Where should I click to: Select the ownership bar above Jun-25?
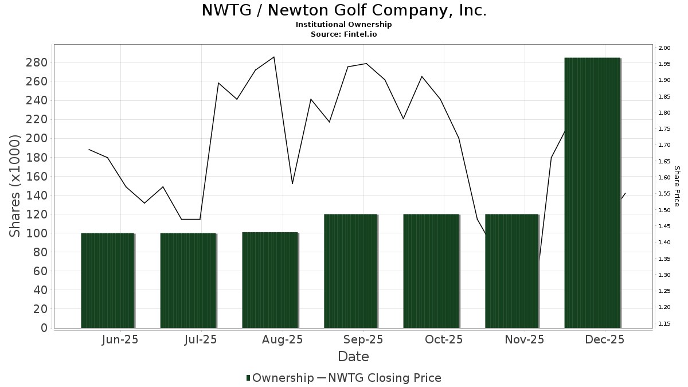107,280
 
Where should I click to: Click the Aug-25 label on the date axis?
282,339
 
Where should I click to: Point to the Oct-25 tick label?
444,339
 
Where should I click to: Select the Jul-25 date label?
201,339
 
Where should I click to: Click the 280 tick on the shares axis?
36,62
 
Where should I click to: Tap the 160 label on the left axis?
36,177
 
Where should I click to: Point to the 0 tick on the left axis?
44,328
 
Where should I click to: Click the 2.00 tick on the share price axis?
664,48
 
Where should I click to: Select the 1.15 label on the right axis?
664,324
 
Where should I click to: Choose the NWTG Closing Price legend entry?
379,378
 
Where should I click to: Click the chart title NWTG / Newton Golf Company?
344,10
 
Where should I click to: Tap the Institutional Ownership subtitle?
344,25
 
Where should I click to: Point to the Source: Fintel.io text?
344,34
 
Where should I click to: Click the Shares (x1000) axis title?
15,186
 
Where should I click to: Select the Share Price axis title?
677,186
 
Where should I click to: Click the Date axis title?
353,357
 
